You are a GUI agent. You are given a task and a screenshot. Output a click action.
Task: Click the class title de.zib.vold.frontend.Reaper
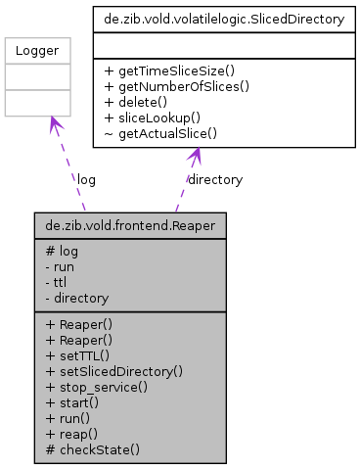[130, 226]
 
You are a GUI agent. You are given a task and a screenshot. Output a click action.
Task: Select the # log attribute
[62, 251]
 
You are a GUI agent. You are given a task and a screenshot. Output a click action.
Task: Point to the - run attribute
[60, 266]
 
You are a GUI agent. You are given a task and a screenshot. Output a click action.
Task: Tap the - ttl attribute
[56, 282]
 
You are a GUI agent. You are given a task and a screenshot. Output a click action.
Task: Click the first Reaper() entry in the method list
[84, 323]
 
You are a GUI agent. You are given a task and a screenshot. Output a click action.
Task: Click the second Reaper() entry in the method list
[84, 339]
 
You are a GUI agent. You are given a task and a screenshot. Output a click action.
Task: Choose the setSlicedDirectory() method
[114, 371]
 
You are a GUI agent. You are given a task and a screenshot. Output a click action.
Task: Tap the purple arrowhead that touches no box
[196, 156]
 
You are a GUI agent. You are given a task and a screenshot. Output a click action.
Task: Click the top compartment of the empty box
[37, 51]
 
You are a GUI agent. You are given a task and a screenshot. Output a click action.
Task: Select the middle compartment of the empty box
[37, 77]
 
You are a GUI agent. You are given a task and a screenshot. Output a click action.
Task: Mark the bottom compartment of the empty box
[37, 103]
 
